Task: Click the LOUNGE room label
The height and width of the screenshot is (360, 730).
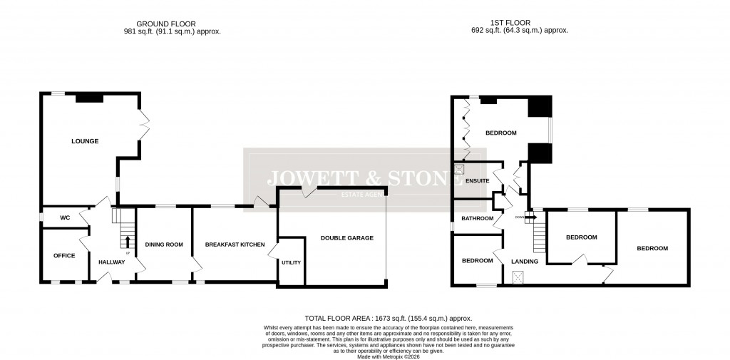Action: (x=85, y=141)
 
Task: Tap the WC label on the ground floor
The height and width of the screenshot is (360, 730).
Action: (x=64, y=217)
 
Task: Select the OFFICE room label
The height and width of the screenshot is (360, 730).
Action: (x=64, y=255)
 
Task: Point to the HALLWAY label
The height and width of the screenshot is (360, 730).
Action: (x=112, y=262)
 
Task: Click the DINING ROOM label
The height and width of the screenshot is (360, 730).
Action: (x=164, y=245)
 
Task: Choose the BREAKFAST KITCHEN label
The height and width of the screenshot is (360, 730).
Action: (x=235, y=245)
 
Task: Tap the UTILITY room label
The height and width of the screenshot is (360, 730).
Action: (x=292, y=262)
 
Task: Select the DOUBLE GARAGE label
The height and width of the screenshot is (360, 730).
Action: (x=347, y=238)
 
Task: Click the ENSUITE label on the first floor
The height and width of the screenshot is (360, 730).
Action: (x=477, y=181)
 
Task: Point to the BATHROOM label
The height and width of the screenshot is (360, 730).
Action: (x=477, y=218)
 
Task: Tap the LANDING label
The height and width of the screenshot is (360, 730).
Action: (x=525, y=261)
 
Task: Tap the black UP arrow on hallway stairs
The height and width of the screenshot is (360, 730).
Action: (x=128, y=241)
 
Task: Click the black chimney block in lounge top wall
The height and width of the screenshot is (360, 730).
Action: (x=90, y=98)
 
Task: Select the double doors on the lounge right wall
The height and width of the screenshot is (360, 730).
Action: (x=144, y=125)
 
